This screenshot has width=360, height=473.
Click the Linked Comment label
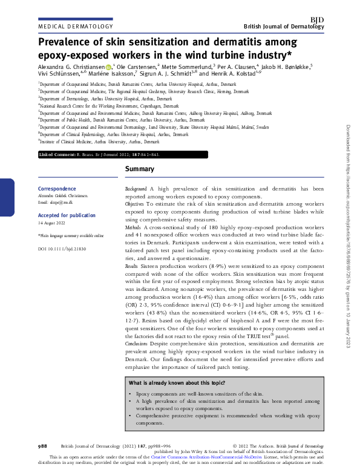pyautogui.click(x=57, y=155)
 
